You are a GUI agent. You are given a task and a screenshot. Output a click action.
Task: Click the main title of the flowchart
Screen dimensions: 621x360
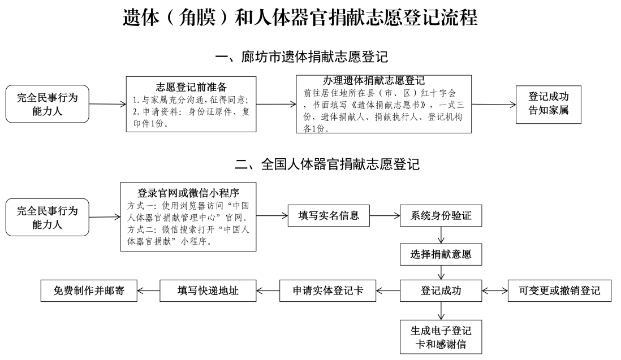(x=300, y=18)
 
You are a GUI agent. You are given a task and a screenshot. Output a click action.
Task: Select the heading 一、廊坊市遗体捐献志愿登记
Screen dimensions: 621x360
(x=301, y=57)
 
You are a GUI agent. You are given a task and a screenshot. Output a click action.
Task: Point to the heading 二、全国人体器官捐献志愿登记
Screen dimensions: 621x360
(x=327, y=164)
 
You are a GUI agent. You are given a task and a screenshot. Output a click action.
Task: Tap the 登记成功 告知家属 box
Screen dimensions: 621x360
(x=549, y=105)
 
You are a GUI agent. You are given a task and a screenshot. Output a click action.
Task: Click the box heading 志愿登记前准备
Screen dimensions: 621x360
(x=191, y=87)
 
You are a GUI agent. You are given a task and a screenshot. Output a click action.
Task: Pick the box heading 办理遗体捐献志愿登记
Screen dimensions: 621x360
(x=374, y=81)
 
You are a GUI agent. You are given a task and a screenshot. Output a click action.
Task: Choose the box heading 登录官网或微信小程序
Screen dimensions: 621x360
(x=188, y=193)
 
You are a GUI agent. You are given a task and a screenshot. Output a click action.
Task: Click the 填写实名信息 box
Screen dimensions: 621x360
(x=329, y=216)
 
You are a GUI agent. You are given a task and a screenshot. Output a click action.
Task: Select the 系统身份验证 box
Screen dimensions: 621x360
(x=441, y=216)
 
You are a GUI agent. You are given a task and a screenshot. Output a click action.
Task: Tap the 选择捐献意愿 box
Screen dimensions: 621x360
(x=441, y=254)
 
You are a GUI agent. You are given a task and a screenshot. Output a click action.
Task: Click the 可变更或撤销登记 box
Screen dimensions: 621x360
(x=559, y=290)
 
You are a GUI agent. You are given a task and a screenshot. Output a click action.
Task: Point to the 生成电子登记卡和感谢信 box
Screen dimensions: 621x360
(x=441, y=337)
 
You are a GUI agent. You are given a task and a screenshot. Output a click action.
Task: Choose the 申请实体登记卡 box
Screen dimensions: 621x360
(x=328, y=290)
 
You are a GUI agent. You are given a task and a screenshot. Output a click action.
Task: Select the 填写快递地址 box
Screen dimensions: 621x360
(x=208, y=290)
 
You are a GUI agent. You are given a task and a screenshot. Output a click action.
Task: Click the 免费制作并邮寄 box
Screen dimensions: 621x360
(x=89, y=290)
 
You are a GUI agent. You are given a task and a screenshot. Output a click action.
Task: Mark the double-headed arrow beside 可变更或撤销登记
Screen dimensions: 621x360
(x=495, y=290)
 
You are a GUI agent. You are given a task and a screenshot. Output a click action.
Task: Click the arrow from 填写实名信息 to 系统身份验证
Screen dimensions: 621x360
(x=385, y=216)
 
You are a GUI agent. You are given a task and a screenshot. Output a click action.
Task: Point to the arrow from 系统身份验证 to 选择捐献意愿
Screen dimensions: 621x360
(x=441, y=235)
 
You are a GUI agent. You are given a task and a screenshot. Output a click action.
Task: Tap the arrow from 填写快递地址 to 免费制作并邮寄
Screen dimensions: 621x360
(x=149, y=290)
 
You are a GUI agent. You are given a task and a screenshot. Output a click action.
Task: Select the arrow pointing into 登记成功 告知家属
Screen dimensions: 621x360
(x=494, y=105)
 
